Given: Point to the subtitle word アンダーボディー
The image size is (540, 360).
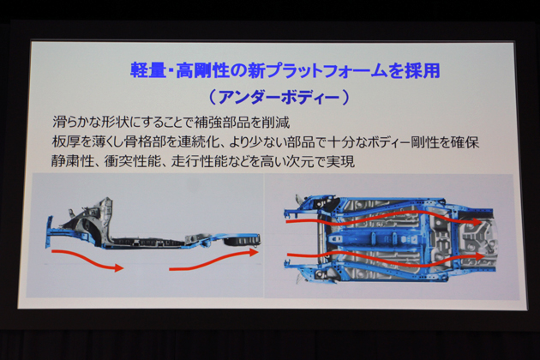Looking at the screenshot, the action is point(279,98).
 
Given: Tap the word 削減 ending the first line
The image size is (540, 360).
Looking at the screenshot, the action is point(276,123).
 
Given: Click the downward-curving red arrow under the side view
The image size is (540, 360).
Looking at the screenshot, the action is point(86,260).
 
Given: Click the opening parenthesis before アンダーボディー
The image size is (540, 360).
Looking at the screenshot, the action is point(213,98).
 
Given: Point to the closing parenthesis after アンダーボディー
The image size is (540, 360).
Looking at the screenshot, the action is point(345,98).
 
